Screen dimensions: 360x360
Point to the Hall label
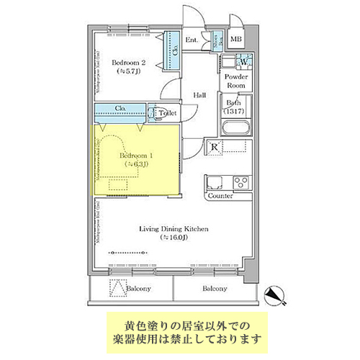201,94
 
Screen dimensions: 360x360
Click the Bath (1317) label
234,107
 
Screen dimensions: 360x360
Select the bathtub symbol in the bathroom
235,130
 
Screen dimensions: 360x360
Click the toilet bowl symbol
154,112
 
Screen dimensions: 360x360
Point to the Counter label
220,196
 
